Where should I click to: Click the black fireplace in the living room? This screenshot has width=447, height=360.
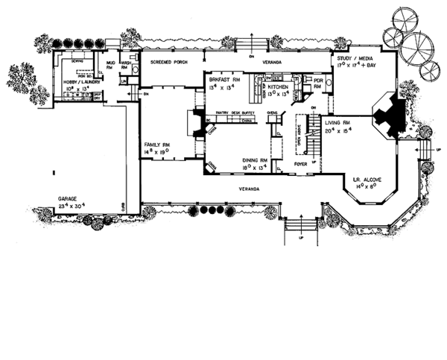pyautogui.click(x=390, y=113)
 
